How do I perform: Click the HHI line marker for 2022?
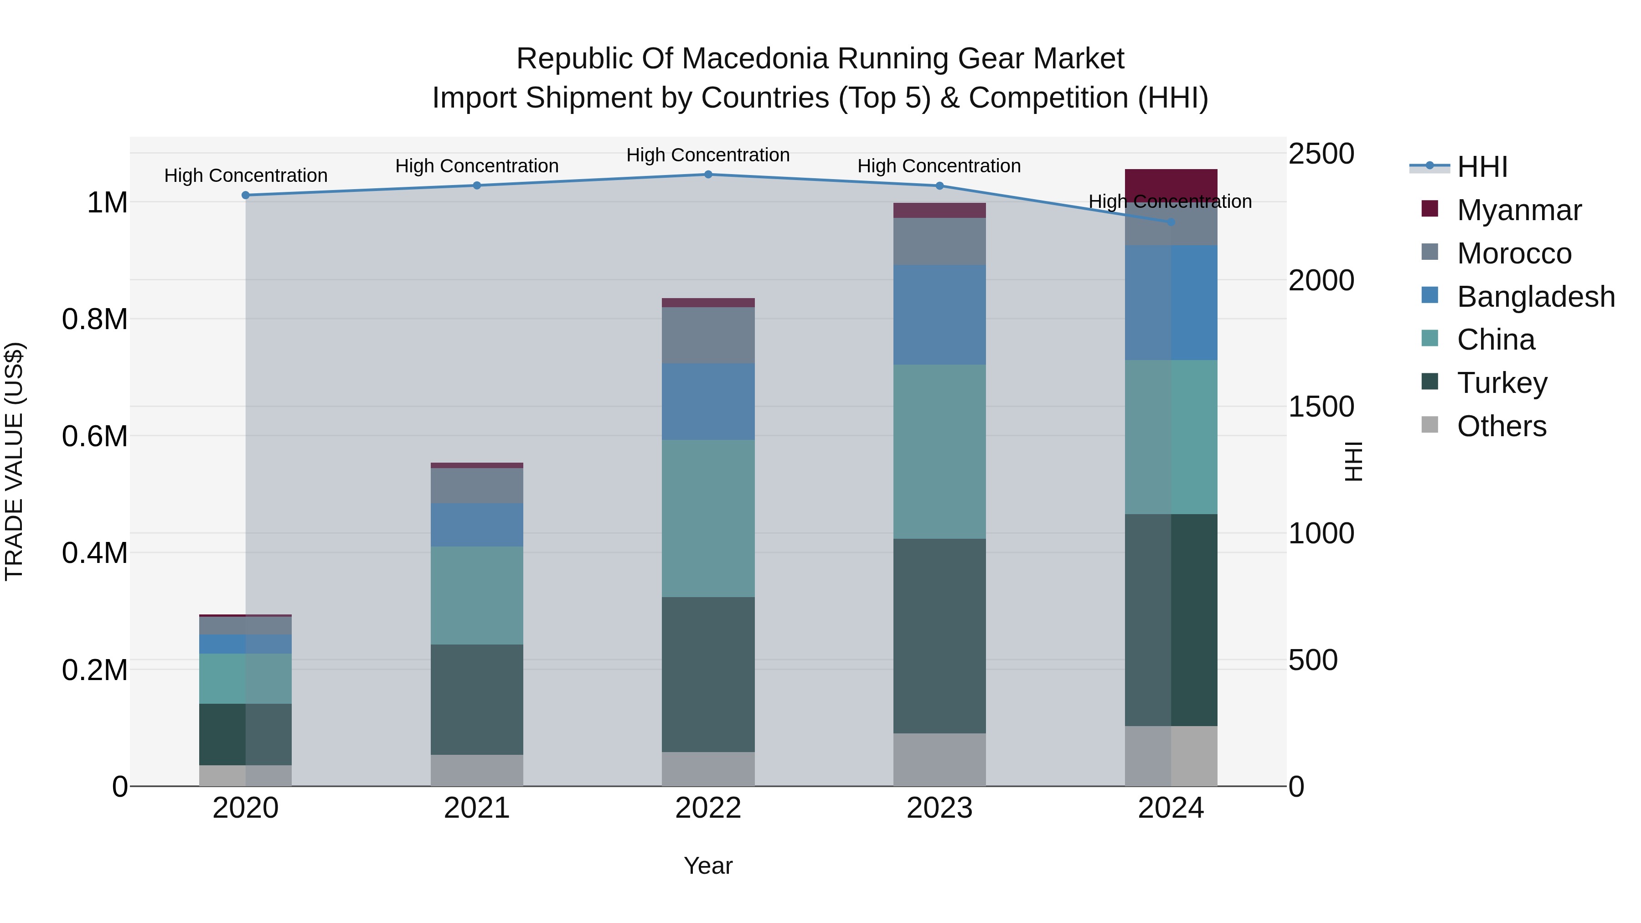coord(708,174)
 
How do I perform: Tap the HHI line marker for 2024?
coord(1171,222)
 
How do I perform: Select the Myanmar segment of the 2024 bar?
coord(1171,184)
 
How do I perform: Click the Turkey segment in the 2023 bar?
coord(939,636)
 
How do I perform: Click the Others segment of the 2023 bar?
coord(939,759)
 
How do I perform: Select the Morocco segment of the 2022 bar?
coord(708,335)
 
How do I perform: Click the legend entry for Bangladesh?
coord(1535,297)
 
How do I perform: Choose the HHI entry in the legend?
coord(1482,167)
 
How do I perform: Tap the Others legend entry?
coord(1501,426)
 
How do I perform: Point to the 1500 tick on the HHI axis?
coord(1321,407)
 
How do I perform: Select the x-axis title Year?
coord(708,866)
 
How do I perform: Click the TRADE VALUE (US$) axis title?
coord(15,461)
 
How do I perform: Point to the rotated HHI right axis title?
coord(1352,461)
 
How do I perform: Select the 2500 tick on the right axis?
coord(1321,154)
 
